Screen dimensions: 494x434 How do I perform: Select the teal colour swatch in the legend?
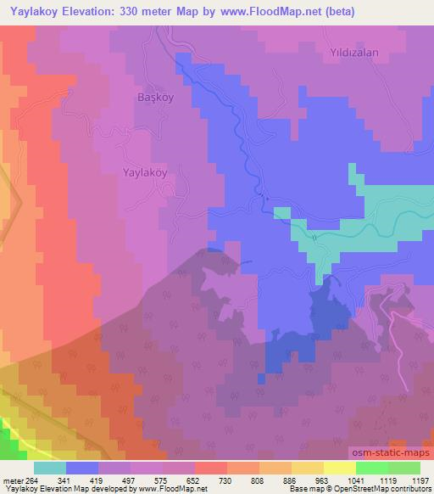coord(50,468)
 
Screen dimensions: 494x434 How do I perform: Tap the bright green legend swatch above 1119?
coord(370,468)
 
